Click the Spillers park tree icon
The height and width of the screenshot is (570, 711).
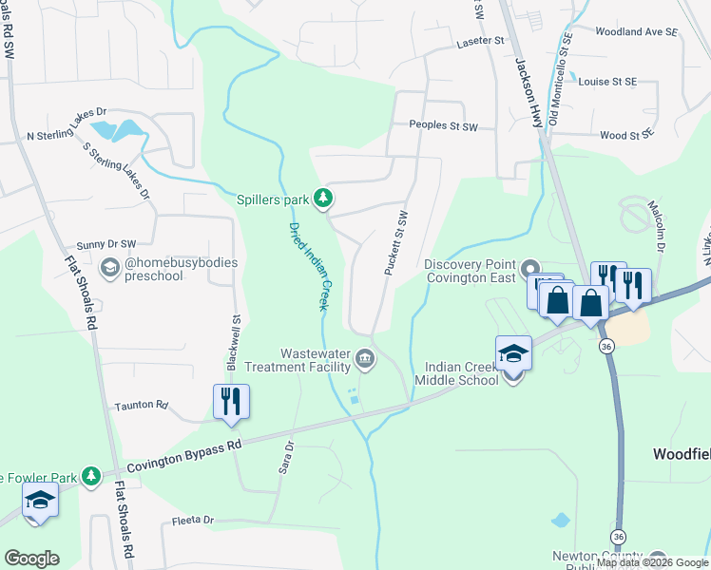pos(324,199)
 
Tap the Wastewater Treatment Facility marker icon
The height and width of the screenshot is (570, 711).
pos(365,359)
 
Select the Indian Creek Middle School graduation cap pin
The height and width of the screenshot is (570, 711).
pos(513,354)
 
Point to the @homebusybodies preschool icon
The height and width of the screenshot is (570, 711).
pos(110,269)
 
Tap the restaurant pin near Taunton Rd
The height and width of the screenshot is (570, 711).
pos(231,402)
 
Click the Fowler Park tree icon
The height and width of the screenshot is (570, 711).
pos(90,474)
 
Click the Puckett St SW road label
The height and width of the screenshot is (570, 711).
pos(395,243)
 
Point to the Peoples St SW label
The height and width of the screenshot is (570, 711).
pos(447,124)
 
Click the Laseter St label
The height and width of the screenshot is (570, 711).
pos(480,41)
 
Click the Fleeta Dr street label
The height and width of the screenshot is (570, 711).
pos(194,521)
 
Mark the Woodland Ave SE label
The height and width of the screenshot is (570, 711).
pos(636,31)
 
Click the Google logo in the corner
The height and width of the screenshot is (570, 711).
pos(31,558)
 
